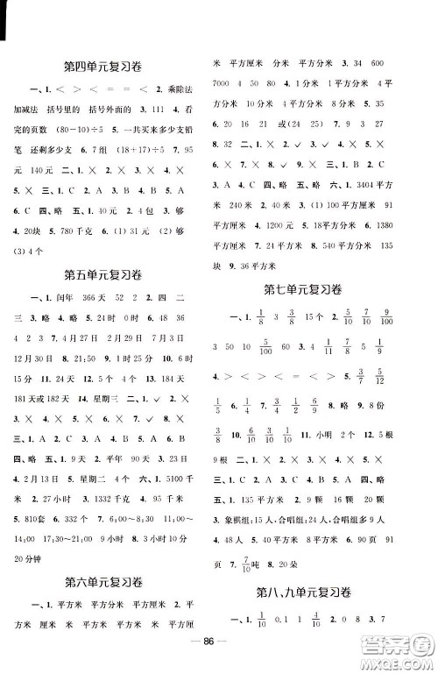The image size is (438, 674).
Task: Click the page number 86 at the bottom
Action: coord(218,653)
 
